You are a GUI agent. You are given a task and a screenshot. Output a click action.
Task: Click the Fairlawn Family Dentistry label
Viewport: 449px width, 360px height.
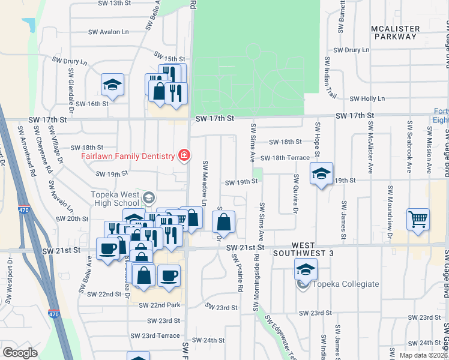[128, 157]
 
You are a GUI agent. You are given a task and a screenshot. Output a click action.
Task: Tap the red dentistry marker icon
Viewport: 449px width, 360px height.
[184, 157]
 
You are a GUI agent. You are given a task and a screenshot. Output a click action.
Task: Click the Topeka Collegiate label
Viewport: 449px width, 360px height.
[345, 284]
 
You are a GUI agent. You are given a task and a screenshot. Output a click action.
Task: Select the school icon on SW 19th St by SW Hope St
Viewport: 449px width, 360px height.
[322, 174]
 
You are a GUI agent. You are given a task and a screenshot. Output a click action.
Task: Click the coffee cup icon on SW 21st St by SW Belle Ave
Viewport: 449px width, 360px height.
[108, 248]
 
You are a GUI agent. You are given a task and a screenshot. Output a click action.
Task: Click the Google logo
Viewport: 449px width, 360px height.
[20, 352]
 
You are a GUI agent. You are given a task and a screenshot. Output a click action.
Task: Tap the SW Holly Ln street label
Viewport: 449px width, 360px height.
[367, 98]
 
